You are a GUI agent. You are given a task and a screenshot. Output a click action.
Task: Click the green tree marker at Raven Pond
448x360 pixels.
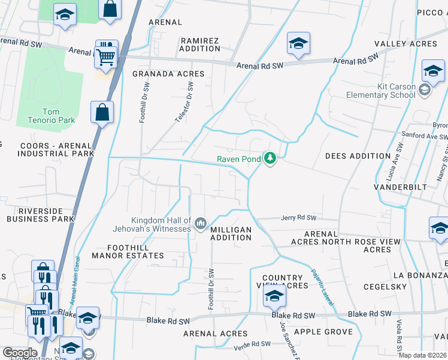[x=271, y=159]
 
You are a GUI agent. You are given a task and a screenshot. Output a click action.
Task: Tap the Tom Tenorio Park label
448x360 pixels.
[x=51, y=116]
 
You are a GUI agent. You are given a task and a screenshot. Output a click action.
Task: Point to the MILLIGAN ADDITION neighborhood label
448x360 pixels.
[x=231, y=233]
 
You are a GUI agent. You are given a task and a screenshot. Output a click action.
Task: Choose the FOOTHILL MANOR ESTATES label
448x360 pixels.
[x=128, y=251]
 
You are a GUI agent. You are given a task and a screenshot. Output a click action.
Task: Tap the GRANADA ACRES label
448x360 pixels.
[x=168, y=74]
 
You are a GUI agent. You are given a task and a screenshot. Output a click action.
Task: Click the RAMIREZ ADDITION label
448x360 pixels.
[x=200, y=44]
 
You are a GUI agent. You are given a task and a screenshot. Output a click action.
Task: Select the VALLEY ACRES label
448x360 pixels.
[x=405, y=44]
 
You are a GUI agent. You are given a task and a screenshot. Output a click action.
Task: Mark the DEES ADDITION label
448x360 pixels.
[x=358, y=156]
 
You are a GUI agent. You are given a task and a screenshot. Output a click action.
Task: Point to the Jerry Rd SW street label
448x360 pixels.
[x=298, y=218]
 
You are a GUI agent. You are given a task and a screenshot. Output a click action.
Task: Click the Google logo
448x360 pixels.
[x=20, y=352]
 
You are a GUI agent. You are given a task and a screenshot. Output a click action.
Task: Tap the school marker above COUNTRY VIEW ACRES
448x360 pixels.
[x=274, y=296]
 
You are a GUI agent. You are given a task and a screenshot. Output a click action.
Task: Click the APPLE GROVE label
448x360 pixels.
[x=322, y=332]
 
